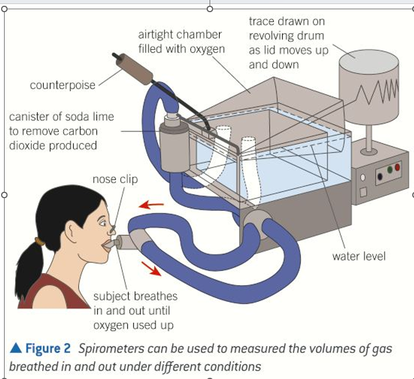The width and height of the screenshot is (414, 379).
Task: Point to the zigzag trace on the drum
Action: click(x=378, y=91)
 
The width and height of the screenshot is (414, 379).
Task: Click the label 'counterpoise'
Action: click(x=62, y=86)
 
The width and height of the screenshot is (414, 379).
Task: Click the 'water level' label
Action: click(x=359, y=255)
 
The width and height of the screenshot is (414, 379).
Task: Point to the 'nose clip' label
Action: click(x=115, y=179)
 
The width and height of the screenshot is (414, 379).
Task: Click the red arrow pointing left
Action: click(x=152, y=205)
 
